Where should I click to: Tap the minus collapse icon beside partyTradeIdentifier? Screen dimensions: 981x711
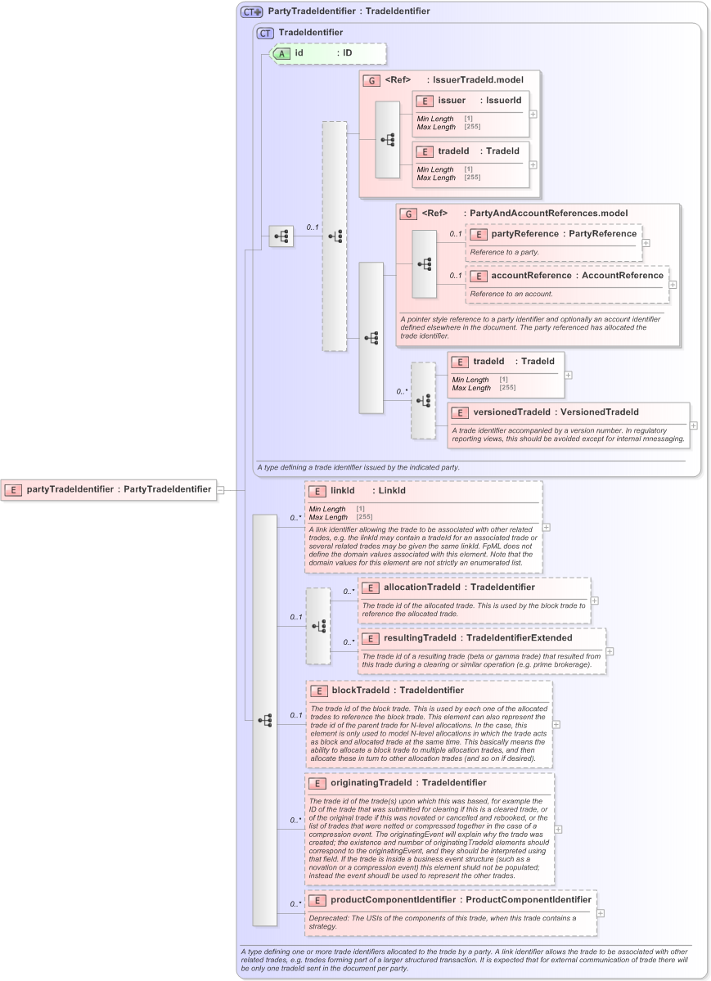tap(220, 489)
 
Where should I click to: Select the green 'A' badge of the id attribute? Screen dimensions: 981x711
tap(281, 53)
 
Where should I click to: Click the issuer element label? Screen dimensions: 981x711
tap(452, 101)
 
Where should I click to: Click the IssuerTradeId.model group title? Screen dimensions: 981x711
tap(478, 80)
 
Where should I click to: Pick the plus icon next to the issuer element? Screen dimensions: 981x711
tap(533, 114)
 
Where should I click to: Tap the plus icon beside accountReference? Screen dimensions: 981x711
tap(673, 285)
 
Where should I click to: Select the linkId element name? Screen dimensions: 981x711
tap(343, 491)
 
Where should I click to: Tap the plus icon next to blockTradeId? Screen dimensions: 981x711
tap(556, 724)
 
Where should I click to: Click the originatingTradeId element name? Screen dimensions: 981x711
tap(372, 783)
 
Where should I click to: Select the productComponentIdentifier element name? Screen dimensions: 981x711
tap(393, 900)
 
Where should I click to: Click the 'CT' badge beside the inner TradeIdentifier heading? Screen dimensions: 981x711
tap(265, 33)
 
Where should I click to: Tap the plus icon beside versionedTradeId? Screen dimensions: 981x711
tap(694, 425)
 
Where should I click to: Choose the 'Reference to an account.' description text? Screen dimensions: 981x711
tap(511, 294)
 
